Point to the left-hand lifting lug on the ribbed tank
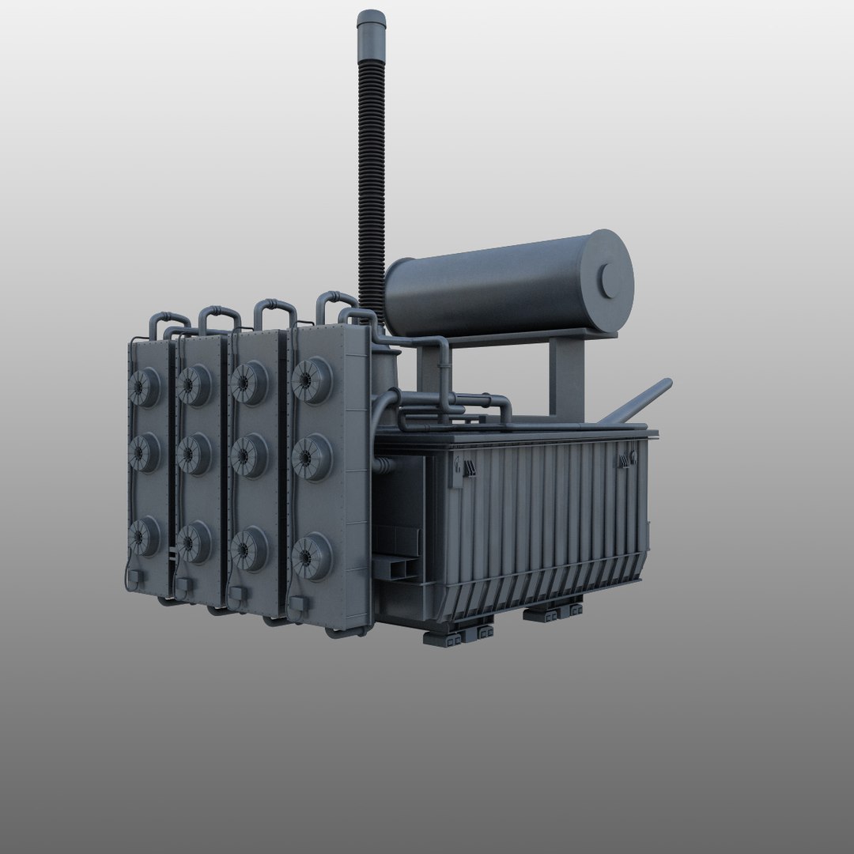(462, 470)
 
